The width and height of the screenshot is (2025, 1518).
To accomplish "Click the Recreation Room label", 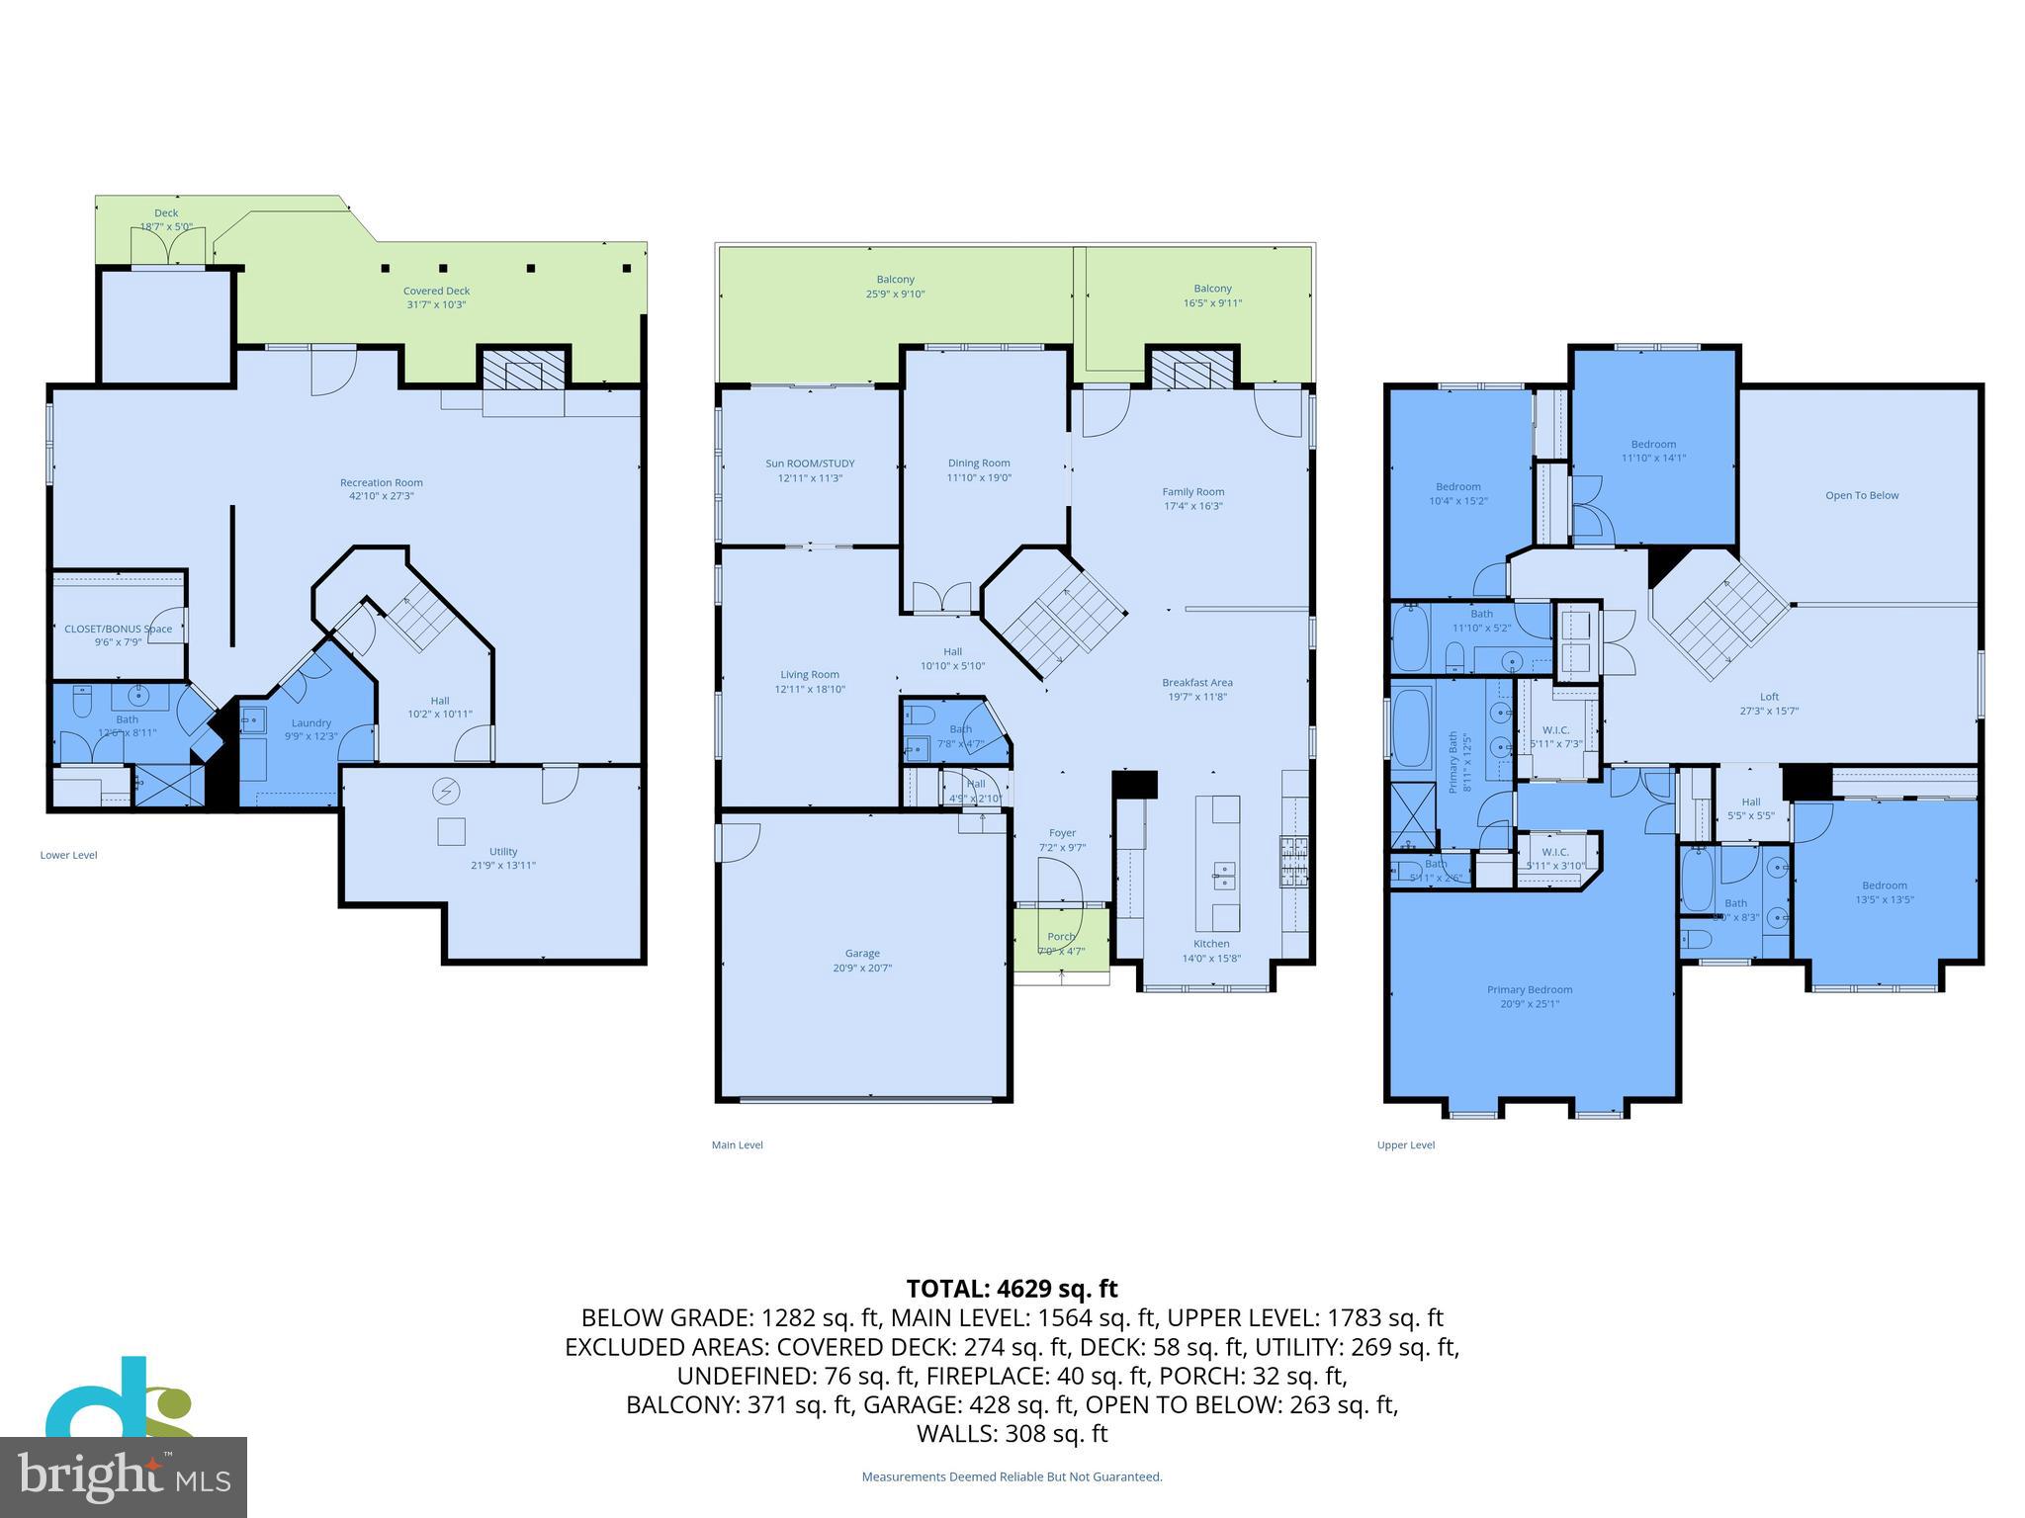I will click(381, 482).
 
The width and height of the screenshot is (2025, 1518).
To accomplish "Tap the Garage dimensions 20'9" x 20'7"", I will click(862, 968).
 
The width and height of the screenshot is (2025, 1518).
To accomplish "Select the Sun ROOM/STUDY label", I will click(810, 464).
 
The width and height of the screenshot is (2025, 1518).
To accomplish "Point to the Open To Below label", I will click(1861, 495).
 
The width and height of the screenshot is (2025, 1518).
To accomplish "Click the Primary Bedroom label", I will click(1529, 989).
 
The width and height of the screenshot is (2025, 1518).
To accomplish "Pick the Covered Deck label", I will click(436, 291).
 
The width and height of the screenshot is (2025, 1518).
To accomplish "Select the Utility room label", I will click(503, 851).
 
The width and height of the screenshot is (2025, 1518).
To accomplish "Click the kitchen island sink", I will click(1224, 873).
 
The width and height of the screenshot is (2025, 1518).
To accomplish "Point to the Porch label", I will click(1061, 936).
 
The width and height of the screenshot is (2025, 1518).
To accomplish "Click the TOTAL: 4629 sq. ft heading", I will click(1012, 1289).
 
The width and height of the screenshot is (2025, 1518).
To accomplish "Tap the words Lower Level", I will click(68, 855).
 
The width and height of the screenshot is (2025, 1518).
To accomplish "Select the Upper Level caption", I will click(1405, 1144).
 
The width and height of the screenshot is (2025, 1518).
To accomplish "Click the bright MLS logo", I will click(124, 1476).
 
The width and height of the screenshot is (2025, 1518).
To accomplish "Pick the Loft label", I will click(1769, 697).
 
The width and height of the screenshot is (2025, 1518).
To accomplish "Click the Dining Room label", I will click(978, 463).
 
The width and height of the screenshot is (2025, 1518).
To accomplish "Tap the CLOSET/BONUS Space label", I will click(118, 629).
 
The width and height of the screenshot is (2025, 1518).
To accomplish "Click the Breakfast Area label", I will click(1196, 682).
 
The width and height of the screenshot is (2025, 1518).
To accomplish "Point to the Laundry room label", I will click(311, 722).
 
